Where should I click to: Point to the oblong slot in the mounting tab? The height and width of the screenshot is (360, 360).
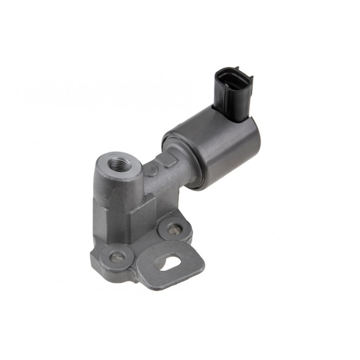168,264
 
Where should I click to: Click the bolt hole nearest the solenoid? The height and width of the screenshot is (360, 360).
174,228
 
